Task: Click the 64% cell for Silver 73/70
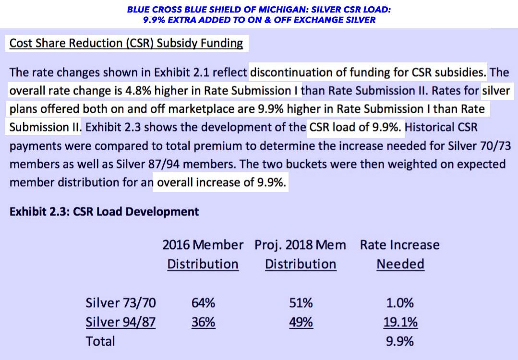tap(203, 303)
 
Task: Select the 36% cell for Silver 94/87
tap(203, 323)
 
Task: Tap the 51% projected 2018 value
tap(301, 303)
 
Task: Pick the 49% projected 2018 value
tap(301, 323)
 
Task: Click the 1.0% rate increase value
tap(400, 303)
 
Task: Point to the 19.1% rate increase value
tap(400, 323)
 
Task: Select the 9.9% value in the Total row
tap(400, 341)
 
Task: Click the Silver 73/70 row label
tap(120, 303)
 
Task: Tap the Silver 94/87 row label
tap(120, 323)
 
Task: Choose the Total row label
tap(100, 341)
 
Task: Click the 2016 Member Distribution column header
tap(203, 254)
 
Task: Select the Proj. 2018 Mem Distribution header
tap(301, 254)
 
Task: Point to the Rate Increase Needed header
tap(400, 254)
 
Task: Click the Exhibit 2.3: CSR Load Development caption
tap(104, 211)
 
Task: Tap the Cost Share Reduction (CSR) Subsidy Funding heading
tap(126, 43)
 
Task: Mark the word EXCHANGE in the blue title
tap(313, 20)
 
